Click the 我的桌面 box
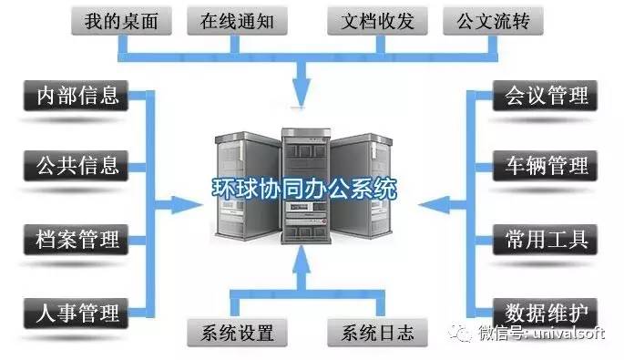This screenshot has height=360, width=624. tap(115, 20)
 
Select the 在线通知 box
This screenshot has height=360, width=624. tap(230, 20)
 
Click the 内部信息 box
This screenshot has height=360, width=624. tap(76, 96)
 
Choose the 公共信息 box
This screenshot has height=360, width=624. tap(76, 167)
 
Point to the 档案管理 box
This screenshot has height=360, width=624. tap(76, 241)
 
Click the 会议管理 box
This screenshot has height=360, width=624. tap(547, 96)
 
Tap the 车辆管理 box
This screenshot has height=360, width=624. tap(547, 167)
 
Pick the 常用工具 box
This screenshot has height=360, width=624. tap(547, 241)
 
